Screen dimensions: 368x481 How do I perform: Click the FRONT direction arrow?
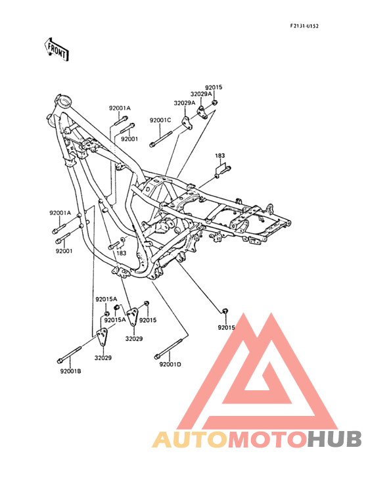(56, 49)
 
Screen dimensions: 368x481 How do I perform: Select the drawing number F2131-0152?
(304, 26)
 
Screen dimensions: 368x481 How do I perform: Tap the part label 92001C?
(160, 120)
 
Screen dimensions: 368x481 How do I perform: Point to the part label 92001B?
(71, 371)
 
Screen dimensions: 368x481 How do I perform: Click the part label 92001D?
(170, 365)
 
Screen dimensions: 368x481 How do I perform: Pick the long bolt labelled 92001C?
(161, 139)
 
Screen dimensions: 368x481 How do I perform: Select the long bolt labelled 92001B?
(69, 355)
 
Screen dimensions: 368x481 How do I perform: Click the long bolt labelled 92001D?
(170, 348)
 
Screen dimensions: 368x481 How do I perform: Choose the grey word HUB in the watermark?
(335, 439)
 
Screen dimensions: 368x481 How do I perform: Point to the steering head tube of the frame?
(64, 101)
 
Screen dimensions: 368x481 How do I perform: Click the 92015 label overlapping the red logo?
(226, 328)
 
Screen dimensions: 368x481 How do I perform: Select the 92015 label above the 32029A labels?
(214, 87)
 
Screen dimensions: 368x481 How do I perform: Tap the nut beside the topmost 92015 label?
(215, 102)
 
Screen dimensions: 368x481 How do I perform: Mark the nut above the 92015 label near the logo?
(225, 311)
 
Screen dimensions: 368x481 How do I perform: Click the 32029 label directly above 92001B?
(103, 357)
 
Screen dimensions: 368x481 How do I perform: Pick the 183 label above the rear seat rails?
(220, 156)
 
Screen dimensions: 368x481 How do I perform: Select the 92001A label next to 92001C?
(120, 108)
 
